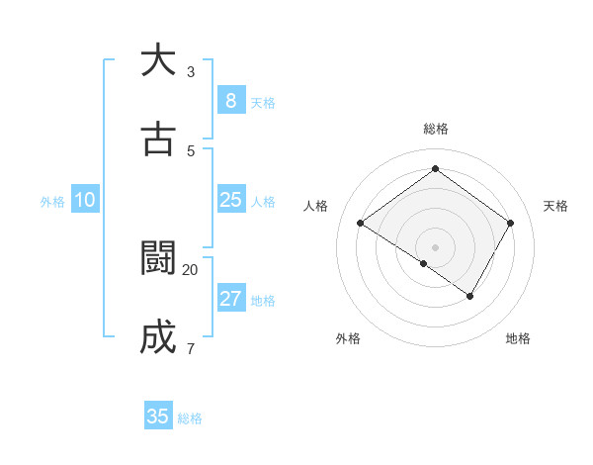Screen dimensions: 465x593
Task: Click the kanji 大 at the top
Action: tap(157, 60)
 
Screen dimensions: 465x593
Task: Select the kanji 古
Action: tap(157, 139)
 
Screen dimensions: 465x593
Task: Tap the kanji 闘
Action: tap(157, 258)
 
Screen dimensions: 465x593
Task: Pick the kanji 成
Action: tap(157, 337)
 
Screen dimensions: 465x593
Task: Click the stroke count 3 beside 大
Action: tap(191, 71)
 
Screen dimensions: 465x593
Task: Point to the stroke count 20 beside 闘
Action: tap(191, 269)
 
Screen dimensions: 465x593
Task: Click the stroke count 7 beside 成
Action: tap(191, 348)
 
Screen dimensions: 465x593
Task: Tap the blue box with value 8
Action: tap(230, 100)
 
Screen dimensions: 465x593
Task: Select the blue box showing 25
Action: tap(230, 200)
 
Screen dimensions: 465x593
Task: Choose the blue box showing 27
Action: tap(230, 299)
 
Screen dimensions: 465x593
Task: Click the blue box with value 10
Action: tap(85, 200)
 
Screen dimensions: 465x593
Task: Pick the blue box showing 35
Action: tap(157, 417)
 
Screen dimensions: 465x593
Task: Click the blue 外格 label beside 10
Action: tap(52, 202)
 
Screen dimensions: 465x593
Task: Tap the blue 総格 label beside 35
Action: tap(190, 418)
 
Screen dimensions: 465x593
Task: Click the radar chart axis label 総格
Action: tap(435, 129)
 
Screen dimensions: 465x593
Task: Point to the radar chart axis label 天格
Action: tap(555, 206)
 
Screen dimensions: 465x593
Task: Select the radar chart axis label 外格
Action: tap(348, 338)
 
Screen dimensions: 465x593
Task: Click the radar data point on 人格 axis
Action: tap(360, 224)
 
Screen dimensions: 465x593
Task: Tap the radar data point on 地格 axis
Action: tap(470, 296)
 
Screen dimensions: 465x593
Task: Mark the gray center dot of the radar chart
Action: tap(435, 246)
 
